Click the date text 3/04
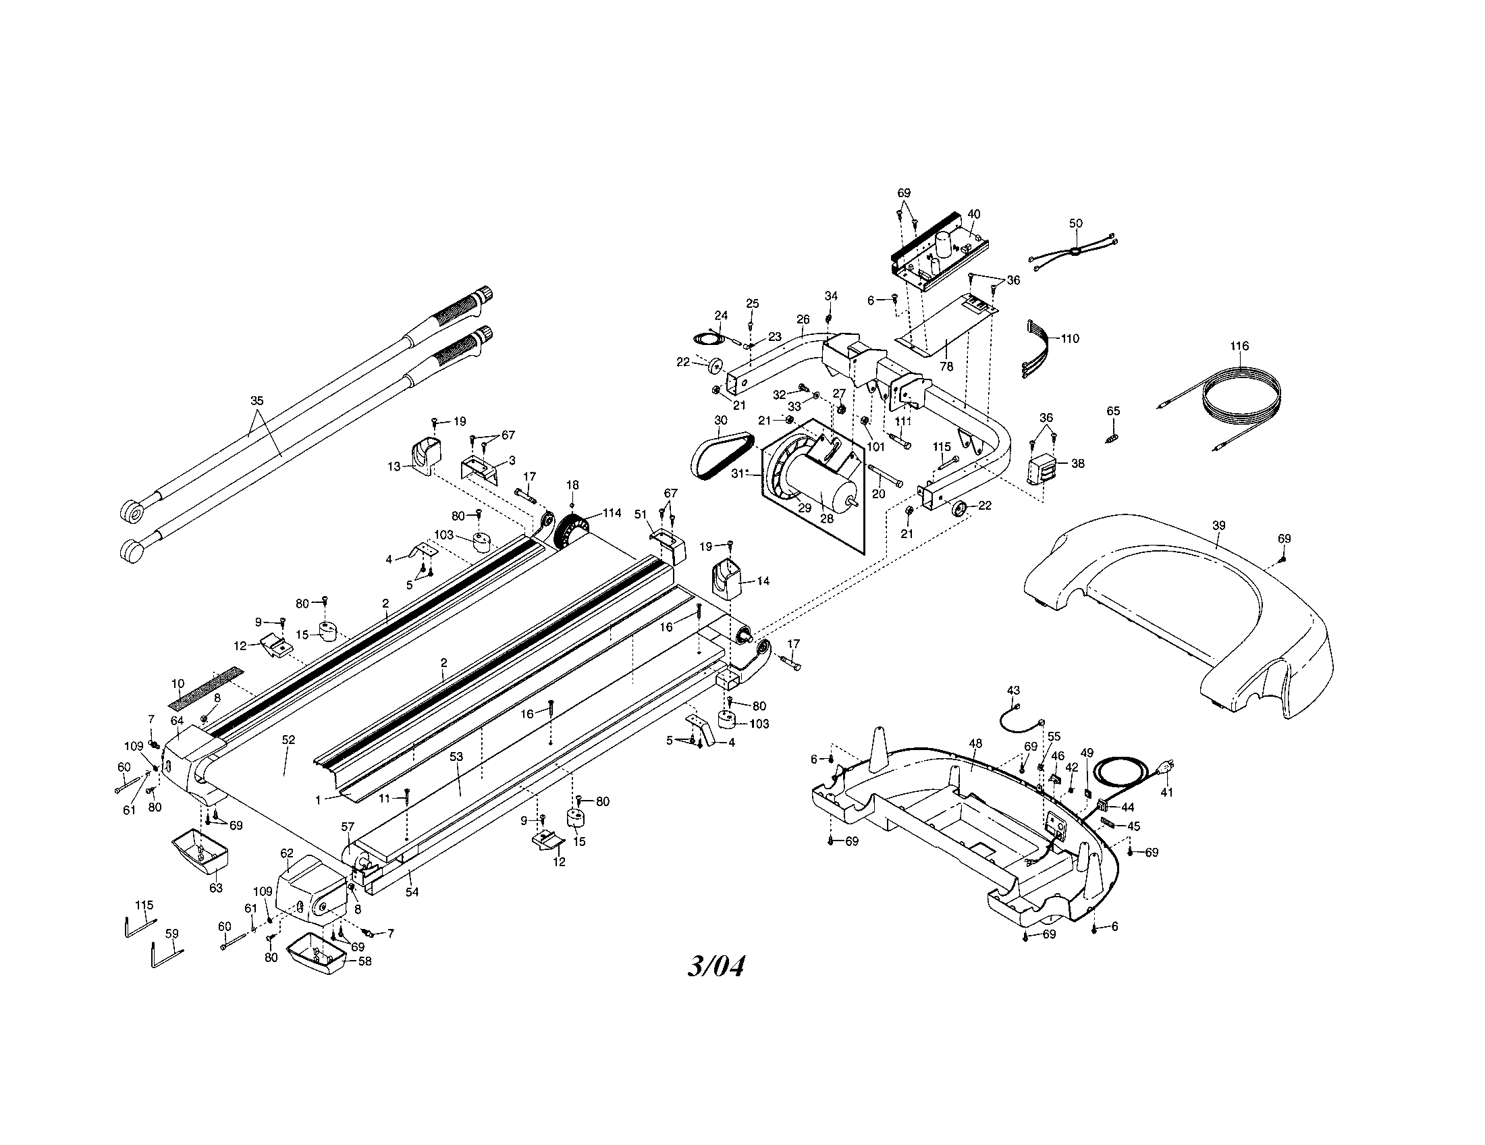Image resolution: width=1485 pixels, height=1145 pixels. tap(715, 966)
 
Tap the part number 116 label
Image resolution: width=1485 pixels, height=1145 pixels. tap(1239, 346)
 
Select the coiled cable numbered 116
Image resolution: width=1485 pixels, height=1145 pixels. tap(1244, 401)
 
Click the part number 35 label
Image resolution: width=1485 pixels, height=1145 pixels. tap(256, 400)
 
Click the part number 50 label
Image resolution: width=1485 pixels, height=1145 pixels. tap(1076, 223)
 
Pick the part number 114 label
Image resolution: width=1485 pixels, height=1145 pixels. tap(612, 512)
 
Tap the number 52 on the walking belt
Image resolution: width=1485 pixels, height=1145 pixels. tap(288, 739)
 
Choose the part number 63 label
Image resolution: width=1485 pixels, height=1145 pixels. tap(215, 887)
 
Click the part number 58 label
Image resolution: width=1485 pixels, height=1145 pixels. tap(364, 961)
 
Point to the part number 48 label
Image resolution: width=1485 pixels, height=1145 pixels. tap(976, 743)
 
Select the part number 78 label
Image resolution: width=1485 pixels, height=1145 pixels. tap(946, 366)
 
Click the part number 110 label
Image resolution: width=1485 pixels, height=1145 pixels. tap(1070, 339)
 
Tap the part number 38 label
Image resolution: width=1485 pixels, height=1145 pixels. tap(1077, 463)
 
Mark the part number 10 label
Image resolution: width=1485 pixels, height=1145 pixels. tap(178, 683)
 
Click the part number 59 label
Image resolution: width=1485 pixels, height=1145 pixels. tap(172, 934)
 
